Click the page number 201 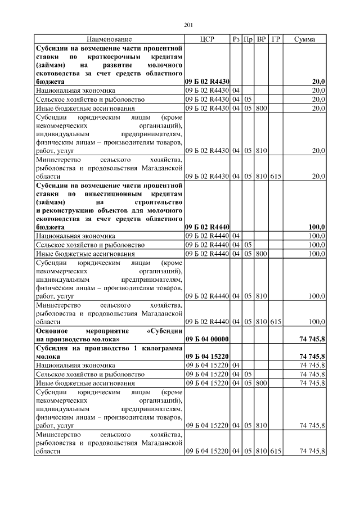click(x=188, y=24)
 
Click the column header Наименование click(x=109, y=39)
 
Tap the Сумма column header click(x=304, y=39)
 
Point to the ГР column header click(x=276, y=39)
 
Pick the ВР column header click(x=261, y=39)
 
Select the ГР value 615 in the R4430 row click(x=276, y=176)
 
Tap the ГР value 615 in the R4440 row click(x=276, y=321)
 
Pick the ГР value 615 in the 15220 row click(x=276, y=451)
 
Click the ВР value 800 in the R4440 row click(x=261, y=254)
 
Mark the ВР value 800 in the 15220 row click(x=261, y=382)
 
